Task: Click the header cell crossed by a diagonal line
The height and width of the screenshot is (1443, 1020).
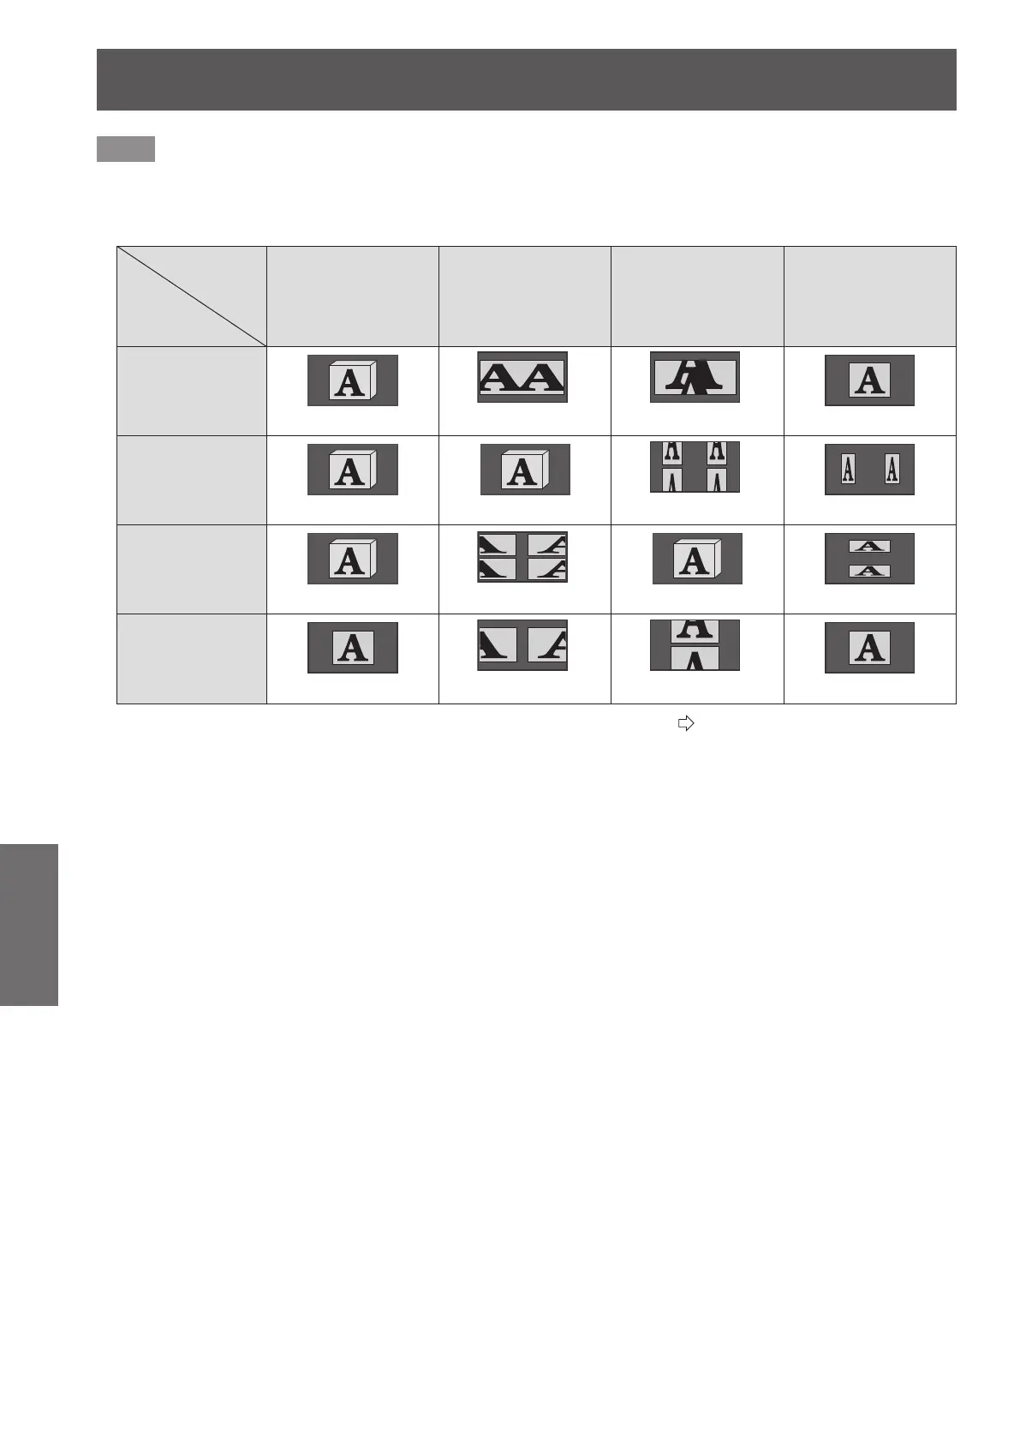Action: click(191, 296)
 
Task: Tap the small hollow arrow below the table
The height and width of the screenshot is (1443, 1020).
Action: click(685, 724)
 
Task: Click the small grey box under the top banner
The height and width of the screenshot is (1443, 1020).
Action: click(125, 148)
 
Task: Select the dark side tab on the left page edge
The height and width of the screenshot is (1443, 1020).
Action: click(28, 925)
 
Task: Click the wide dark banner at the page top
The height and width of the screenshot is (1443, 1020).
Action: click(526, 80)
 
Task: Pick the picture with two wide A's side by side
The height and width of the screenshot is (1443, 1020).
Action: click(522, 377)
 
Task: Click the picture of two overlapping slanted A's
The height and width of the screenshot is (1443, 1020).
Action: click(695, 377)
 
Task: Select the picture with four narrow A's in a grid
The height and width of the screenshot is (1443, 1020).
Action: click(695, 467)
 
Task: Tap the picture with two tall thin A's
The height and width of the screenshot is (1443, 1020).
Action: click(869, 470)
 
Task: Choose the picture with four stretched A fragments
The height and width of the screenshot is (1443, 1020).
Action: click(522, 557)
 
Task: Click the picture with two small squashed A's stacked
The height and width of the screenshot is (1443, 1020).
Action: click(869, 559)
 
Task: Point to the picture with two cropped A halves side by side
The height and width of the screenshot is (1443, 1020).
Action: click(522, 645)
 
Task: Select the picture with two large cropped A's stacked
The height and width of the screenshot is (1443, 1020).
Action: click(695, 645)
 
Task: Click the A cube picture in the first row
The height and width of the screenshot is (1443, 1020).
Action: click(352, 380)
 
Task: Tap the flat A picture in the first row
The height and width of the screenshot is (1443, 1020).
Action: click(869, 380)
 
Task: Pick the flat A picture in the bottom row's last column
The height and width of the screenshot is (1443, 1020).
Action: click(869, 648)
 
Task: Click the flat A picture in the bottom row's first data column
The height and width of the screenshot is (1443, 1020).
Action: click(352, 648)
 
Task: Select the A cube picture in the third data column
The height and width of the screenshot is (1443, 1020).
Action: click(697, 559)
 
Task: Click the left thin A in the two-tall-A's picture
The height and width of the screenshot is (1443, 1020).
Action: click(848, 470)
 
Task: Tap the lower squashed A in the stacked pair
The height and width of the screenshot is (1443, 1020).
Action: click(869, 571)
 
